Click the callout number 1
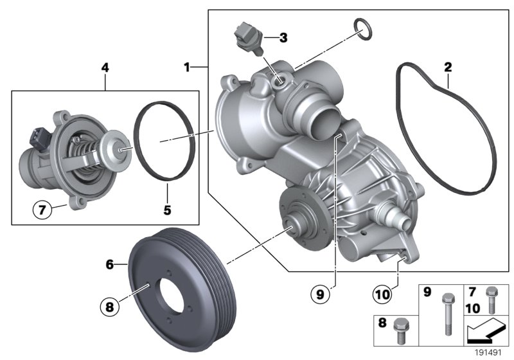click(187, 67)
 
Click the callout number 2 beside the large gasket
click(448, 67)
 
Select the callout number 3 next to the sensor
click(283, 38)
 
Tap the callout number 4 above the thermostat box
click(105, 66)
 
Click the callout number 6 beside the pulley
click(109, 264)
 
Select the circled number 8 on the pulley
click(110, 307)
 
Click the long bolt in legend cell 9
click(446, 316)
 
